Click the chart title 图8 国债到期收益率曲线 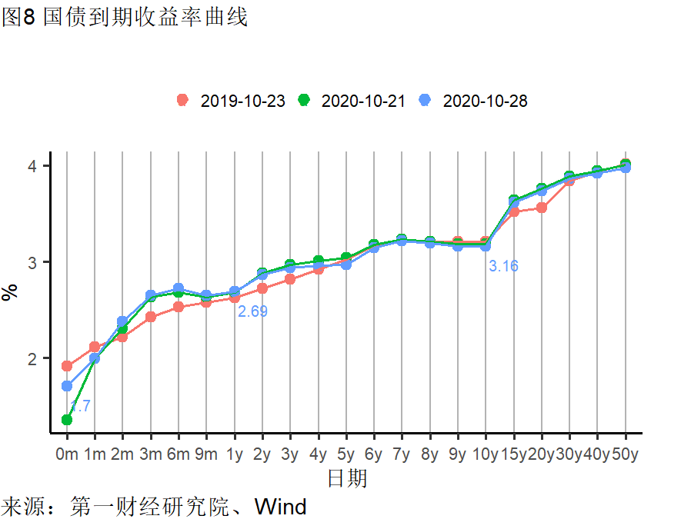[x=125, y=17]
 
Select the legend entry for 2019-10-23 [x=232, y=101]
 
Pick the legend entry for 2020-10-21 [x=352, y=101]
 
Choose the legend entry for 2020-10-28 [x=474, y=101]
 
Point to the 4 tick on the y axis [x=45, y=166]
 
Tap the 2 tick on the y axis [x=45, y=358]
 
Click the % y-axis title [x=11, y=292]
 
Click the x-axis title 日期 [x=347, y=479]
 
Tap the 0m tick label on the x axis [x=67, y=454]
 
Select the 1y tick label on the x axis [x=235, y=454]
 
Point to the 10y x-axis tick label [x=486, y=454]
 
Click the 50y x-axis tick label [x=625, y=454]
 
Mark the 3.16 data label [x=504, y=266]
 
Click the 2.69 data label [x=252, y=311]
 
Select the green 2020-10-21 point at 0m [x=67, y=420]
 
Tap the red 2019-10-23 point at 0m [x=67, y=366]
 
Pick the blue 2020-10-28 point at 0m [x=67, y=386]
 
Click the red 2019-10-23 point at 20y [x=542, y=208]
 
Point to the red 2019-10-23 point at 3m [x=151, y=317]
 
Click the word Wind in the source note [x=280, y=507]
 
